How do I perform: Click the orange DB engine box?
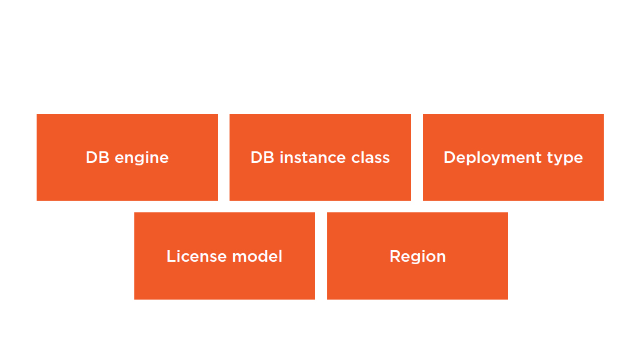(127, 157)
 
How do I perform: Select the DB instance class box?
(320, 157)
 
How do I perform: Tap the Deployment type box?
(513, 157)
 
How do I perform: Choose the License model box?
(225, 256)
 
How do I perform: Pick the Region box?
(418, 256)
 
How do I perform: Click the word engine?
(142, 159)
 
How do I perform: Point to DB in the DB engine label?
(98, 157)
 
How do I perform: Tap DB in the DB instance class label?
(263, 157)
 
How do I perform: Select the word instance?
(313, 157)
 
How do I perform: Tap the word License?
(196, 256)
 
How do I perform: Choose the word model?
(257, 256)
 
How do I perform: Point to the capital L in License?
(172, 256)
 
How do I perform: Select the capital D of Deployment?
(450, 157)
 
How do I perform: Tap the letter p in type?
(567, 160)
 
